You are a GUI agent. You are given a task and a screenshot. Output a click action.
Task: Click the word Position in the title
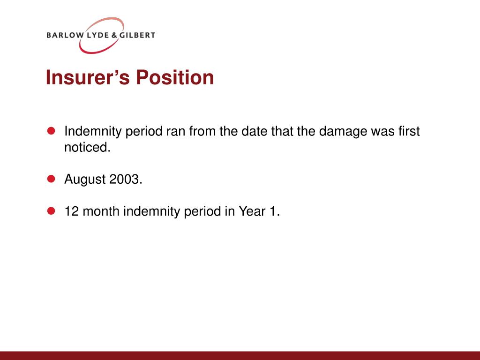click(175, 77)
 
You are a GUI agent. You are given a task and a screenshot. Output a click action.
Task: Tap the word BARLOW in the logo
click(65, 35)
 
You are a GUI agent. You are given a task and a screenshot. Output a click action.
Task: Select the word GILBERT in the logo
click(137, 35)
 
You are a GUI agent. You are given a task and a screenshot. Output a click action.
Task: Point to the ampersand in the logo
click(114, 35)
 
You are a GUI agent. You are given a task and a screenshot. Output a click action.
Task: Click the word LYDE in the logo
click(98, 35)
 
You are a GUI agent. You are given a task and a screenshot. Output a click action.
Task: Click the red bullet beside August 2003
click(51, 179)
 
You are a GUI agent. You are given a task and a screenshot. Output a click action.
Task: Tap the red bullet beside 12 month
click(51, 210)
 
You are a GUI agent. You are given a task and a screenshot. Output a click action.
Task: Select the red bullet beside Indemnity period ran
click(51, 131)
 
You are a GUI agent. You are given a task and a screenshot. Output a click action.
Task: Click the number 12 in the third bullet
click(72, 211)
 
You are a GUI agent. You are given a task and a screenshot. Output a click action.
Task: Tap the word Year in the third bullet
click(252, 211)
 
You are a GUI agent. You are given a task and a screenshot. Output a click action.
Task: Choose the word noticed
click(87, 147)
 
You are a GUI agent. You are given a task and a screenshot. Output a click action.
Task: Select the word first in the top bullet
click(409, 131)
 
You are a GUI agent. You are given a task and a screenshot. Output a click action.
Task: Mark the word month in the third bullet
click(101, 211)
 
